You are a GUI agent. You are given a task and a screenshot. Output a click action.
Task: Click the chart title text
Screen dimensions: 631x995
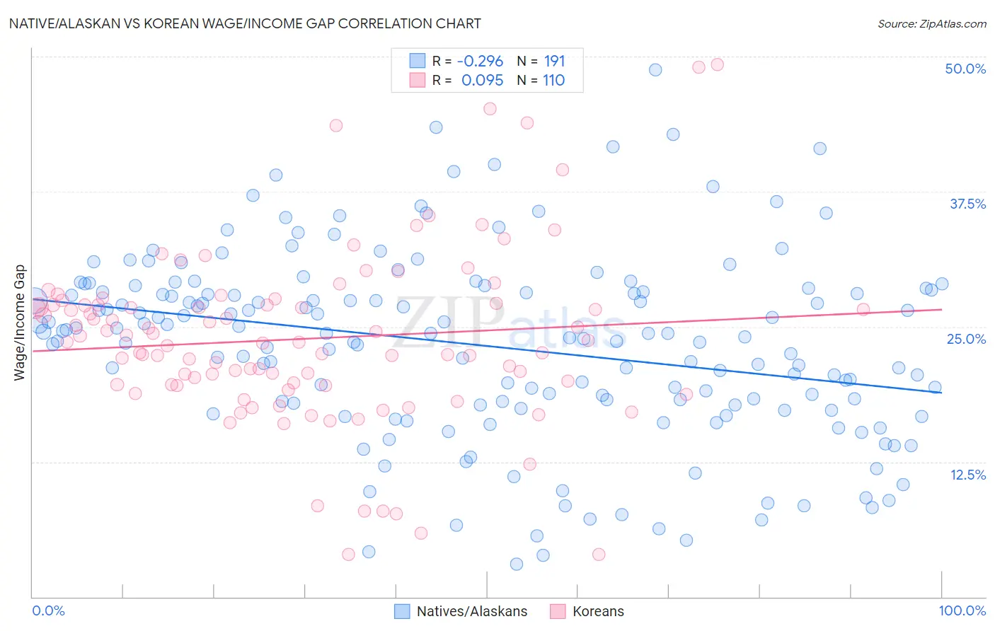[x=245, y=23]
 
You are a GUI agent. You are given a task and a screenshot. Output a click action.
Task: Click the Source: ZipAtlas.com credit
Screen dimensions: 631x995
[x=931, y=23]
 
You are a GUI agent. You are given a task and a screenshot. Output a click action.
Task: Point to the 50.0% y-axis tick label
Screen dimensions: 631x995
[x=965, y=69]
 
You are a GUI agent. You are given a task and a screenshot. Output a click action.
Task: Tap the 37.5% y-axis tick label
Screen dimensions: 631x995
[x=967, y=204]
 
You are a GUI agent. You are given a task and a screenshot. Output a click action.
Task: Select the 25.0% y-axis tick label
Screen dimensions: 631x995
[x=966, y=339]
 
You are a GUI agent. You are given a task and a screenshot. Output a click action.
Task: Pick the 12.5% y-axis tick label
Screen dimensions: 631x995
[x=967, y=475]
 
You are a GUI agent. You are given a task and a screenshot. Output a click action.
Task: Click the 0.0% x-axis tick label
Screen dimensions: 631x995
[x=48, y=610]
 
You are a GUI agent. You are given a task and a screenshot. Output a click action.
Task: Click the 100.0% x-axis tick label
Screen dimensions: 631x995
[x=962, y=610]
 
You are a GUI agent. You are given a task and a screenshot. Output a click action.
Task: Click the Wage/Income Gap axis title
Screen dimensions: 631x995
[x=20, y=323]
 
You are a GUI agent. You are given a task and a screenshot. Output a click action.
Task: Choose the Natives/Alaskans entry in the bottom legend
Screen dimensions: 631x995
[x=471, y=611]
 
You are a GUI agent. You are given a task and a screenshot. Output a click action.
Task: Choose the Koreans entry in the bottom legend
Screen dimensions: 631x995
[x=598, y=611]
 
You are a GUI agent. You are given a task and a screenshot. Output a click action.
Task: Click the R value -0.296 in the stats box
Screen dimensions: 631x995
[x=480, y=61]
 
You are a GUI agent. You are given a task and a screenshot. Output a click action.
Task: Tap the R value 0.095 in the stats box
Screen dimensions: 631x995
[x=482, y=81]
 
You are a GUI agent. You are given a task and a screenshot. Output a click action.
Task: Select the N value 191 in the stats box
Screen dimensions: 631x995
[x=554, y=61]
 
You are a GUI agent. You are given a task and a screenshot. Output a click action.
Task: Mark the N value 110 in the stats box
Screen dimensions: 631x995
[x=553, y=81]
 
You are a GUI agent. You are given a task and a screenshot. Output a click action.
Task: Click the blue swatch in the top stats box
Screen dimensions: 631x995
[x=418, y=61]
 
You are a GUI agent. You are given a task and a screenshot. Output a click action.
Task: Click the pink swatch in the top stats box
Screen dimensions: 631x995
[x=418, y=81]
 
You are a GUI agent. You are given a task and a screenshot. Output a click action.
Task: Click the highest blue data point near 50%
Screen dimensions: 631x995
[x=655, y=69]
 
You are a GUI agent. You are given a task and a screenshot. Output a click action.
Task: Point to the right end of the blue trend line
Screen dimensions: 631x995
[x=941, y=393]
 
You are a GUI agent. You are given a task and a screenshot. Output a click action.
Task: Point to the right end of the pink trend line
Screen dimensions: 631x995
[x=941, y=309]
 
